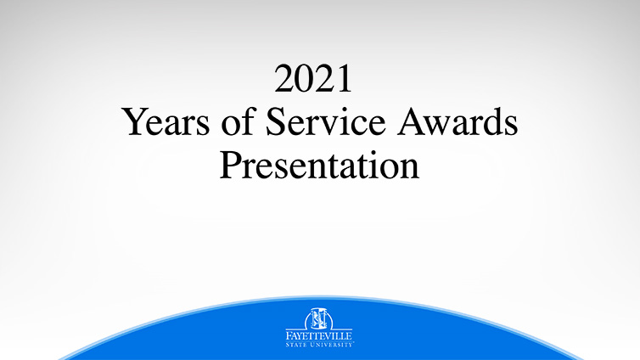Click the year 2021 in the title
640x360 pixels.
click(x=313, y=79)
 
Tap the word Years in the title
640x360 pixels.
click(x=166, y=121)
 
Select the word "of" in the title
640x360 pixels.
click(x=239, y=121)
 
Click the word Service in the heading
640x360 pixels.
click(x=326, y=121)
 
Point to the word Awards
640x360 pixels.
click(x=458, y=121)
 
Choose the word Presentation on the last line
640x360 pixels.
click(x=320, y=165)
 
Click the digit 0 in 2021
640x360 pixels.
click(x=304, y=79)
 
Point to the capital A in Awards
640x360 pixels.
click(x=411, y=121)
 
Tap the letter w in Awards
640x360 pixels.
click(x=439, y=127)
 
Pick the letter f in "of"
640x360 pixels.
click(x=249, y=121)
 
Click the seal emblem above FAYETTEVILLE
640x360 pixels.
click(x=319, y=318)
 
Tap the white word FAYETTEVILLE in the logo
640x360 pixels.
click(x=319, y=336)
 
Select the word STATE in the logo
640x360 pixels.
click(x=295, y=345)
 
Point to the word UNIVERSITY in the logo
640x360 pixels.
click(x=331, y=345)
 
